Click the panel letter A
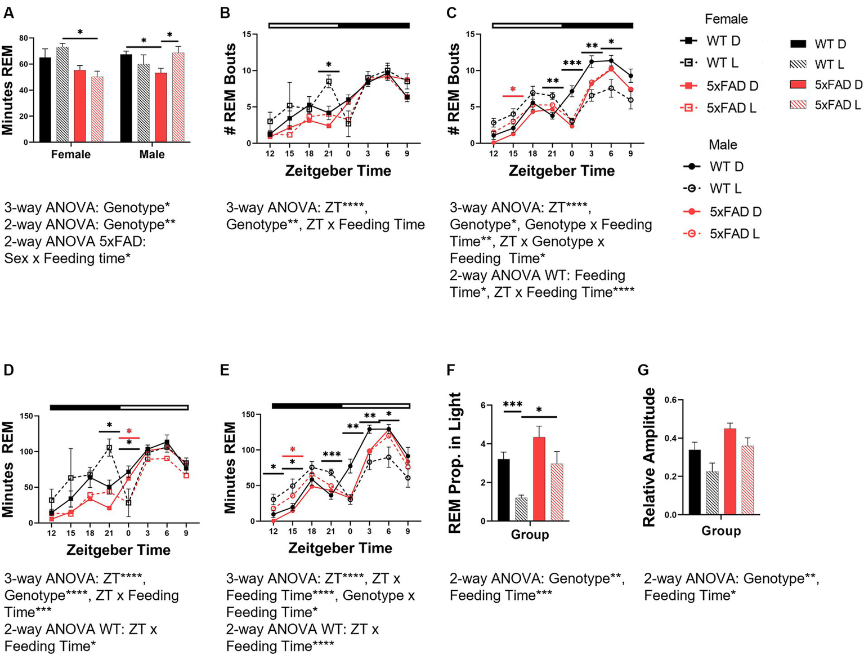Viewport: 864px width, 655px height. [8, 12]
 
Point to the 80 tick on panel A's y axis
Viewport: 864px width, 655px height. [23, 38]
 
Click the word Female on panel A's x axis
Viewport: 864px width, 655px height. [70, 154]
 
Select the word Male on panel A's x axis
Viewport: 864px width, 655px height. [152, 154]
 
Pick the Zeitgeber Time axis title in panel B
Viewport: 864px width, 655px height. [338, 171]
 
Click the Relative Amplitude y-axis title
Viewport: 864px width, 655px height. [649, 457]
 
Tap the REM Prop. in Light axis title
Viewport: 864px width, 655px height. [454, 462]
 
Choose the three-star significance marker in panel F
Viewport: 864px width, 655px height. [512, 404]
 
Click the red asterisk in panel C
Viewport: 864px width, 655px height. [513, 90]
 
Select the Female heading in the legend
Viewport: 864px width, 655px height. [726, 19]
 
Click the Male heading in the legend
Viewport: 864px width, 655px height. [723, 145]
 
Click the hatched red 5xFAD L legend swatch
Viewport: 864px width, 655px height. [798, 105]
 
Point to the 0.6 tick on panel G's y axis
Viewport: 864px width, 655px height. [670, 400]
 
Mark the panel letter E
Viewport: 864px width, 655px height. [225, 369]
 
